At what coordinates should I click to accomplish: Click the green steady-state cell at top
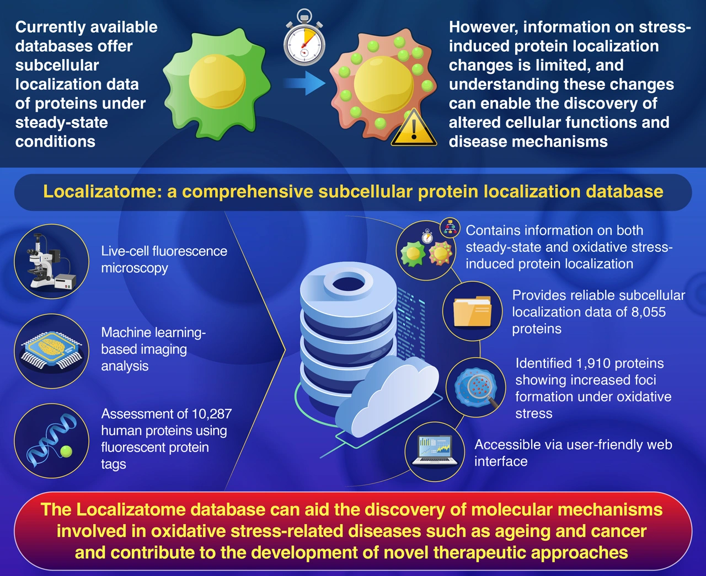(217, 82)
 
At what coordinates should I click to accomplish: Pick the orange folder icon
(472, 311)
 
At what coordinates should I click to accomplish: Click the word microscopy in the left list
(135, 268)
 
